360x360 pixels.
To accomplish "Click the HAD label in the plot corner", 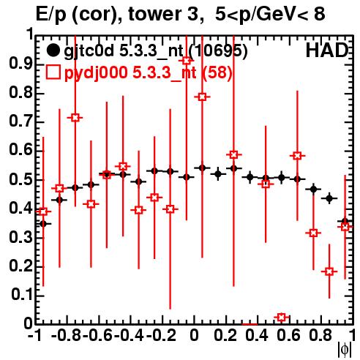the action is coord(327,50).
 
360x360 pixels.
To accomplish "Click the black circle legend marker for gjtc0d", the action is coord(53,50).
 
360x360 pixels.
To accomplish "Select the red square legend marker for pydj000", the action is coord(53,72).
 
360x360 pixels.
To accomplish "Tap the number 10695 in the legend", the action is coord(218,50).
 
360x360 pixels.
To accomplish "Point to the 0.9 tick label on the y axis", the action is coord(20,64).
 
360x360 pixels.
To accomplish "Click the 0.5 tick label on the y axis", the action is coord(20,179).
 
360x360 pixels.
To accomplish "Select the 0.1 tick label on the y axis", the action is coord(22,295).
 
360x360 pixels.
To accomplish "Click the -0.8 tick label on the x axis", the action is coord(67,335).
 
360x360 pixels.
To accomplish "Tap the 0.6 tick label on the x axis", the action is coord(288,335).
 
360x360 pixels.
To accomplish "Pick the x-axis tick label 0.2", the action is coord(225,335).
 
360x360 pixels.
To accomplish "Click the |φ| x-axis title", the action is coord(345,350).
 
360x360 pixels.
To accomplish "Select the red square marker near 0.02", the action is coord(282,318).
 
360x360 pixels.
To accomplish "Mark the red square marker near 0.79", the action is coord(202,97).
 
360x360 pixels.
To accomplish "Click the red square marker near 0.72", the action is coord(75,118).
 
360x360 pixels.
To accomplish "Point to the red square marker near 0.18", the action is coord(329,271).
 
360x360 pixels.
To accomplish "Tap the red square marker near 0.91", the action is coord(187,61).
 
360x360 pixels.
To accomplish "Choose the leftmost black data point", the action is coord(43,223).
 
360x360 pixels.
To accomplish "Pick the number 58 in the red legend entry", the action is coord(217,72).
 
